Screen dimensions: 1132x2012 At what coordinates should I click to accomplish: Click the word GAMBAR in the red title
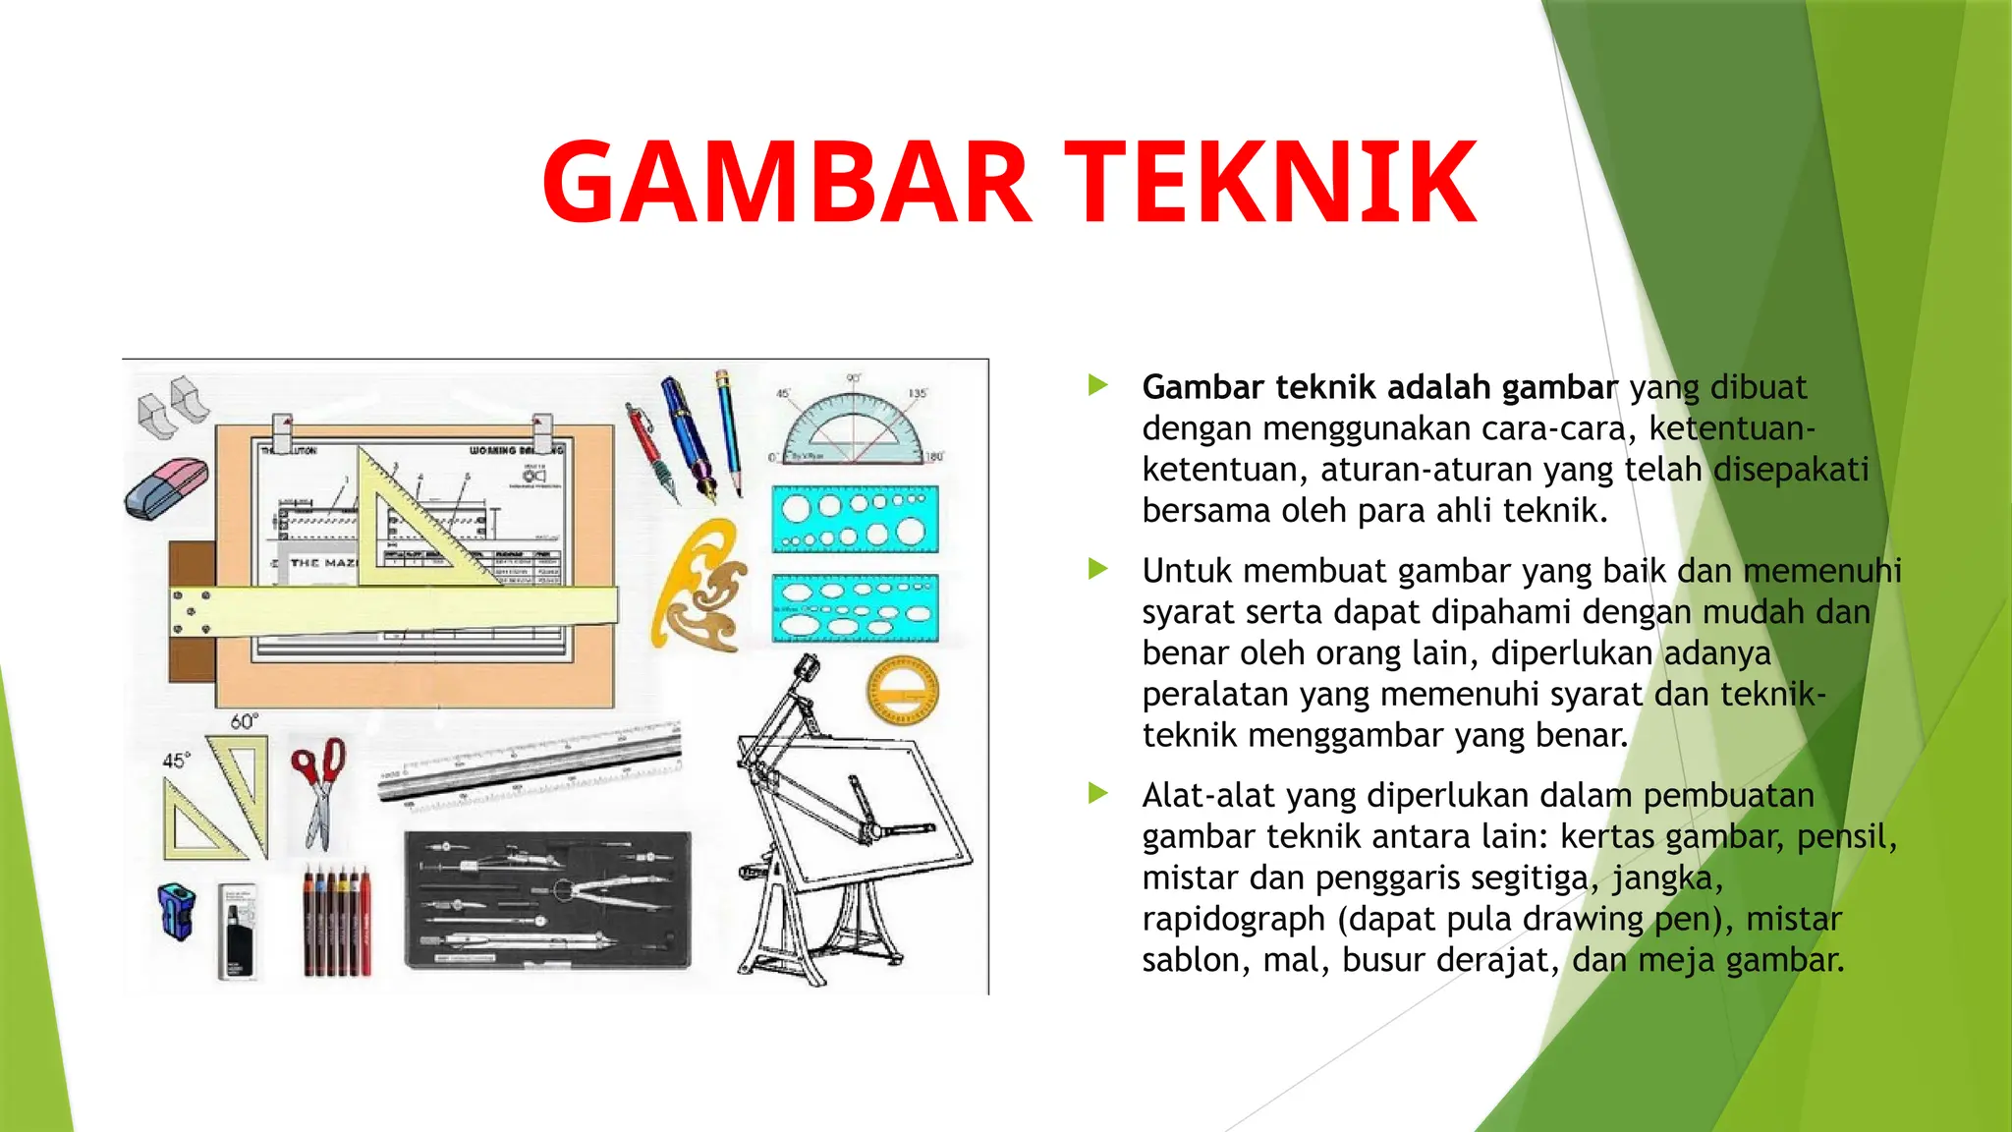click(x=786, y=183)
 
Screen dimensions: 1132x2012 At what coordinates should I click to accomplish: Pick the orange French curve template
click(x=699, y=587)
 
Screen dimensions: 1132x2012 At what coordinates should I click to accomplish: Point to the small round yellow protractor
click(x=902, y=689)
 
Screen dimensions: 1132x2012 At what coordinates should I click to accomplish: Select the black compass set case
click(x=547, y=899)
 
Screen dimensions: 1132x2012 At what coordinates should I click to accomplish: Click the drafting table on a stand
click(x=845, y=816)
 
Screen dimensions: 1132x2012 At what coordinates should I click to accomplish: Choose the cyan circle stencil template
click(x=854, y=519)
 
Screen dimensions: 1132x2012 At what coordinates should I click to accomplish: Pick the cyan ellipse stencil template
click(x=854, y=608)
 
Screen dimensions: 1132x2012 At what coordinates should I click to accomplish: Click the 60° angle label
click(x=244, y=722)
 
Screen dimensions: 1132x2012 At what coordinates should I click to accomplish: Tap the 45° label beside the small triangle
click(x=175, y=761)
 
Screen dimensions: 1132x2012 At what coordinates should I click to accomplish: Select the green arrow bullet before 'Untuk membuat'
click(x=1098, y=569)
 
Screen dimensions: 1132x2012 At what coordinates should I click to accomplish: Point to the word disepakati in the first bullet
click(x=1790, y=470)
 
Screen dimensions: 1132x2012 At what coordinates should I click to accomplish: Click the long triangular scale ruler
click(x=531, y=766)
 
